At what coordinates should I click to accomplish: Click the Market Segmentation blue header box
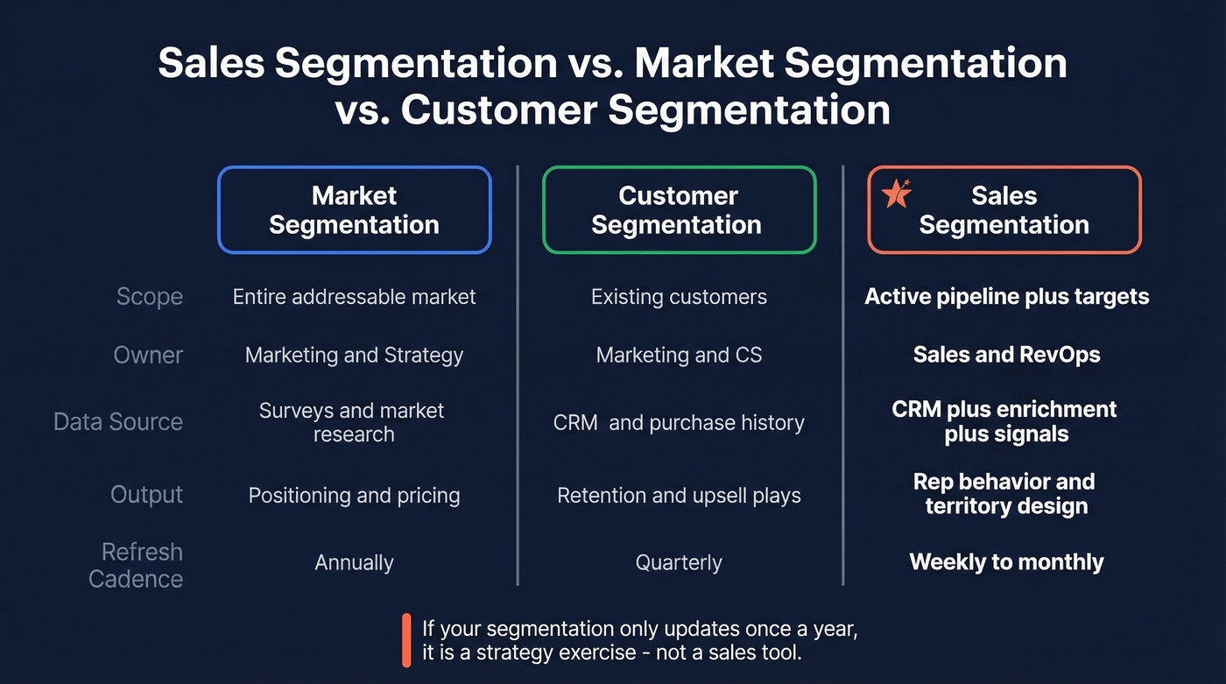pos(354,210)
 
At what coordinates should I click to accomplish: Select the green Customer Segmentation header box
pos(679,210)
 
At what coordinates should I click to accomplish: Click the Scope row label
pos(150,297)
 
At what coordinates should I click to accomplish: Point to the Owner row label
pos(148,355)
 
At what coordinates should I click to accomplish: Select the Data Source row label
pos(118,422)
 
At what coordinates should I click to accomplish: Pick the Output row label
pos(146,495)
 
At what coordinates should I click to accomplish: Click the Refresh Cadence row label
pos(137,565)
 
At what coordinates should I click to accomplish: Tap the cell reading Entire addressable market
pos(354,297)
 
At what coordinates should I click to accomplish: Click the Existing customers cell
pos(679,297)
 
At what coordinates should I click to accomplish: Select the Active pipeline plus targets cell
pos(1006,297)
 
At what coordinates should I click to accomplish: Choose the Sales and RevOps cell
pos(1006,355)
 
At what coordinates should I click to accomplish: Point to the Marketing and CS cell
pos(679,355)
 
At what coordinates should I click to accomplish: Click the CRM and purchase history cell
pos(679,423)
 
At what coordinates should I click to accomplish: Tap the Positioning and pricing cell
pos(354,496)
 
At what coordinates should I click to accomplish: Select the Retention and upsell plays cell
pos(679,496)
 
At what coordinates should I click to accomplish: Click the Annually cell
pos(354,562)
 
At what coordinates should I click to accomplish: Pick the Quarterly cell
pos(679,562)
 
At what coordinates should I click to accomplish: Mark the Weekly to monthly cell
pos(1006,562)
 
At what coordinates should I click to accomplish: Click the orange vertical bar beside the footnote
pos(406,640)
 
